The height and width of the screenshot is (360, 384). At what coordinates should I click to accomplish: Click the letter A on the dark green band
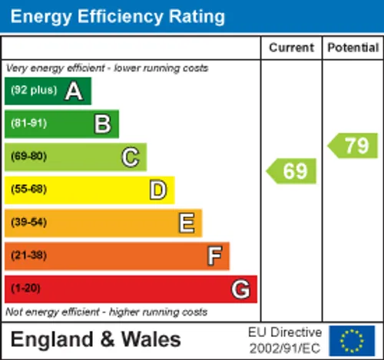(74, 91)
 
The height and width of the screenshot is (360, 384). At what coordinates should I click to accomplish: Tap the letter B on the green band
(103, 124)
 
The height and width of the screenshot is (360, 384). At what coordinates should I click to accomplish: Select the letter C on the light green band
(131, 157)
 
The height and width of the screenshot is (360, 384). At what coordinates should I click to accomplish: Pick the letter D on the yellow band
(158, 190)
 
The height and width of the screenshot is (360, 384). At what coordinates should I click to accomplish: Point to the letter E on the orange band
(187, 223)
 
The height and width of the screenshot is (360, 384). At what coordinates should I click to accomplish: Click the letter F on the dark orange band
(214, 256)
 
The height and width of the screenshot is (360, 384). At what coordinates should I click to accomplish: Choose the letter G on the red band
(240, 289)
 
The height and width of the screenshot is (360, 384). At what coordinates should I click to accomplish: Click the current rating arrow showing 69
(291, 171)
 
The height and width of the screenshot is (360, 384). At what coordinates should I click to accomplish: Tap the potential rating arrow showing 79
(353, 145)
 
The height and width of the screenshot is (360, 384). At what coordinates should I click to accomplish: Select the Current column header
(291, 48)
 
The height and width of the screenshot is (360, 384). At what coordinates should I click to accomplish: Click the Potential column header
(353, 48)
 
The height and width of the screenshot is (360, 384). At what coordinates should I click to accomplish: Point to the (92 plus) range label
(34, 90)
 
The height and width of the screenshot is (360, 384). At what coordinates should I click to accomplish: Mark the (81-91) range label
(29, 123)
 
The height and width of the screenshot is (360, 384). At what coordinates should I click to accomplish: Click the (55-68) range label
(29, 189)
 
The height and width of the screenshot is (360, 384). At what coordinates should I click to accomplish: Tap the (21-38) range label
(29, 255)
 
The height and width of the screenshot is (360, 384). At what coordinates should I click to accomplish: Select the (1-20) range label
(25, 288)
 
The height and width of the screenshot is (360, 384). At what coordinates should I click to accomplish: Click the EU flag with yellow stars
(352, 341)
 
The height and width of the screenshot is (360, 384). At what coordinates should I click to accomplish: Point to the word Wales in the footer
(151, 339)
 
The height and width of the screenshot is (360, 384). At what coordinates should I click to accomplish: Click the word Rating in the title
(197, 18)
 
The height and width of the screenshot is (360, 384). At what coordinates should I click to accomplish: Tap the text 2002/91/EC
(285, 348)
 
